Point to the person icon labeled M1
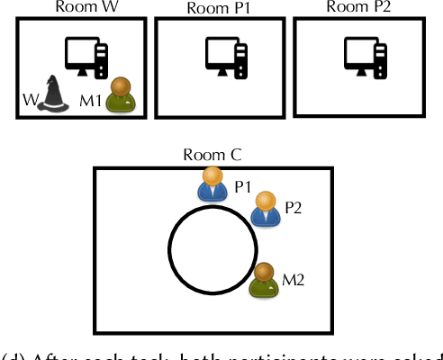pyautogui.click(x=119, y=94)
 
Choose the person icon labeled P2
pyautogui.click(x=265, y=208)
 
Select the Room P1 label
pyautogui.click(x=220, y=8)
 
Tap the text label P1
pyautogui.click(x=242, y=186)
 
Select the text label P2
pyautogui.click(x=294, y=208)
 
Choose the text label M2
pyautogui.click(x=294, y=279)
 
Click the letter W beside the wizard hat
pyautogui.click(x=28, y=99)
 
